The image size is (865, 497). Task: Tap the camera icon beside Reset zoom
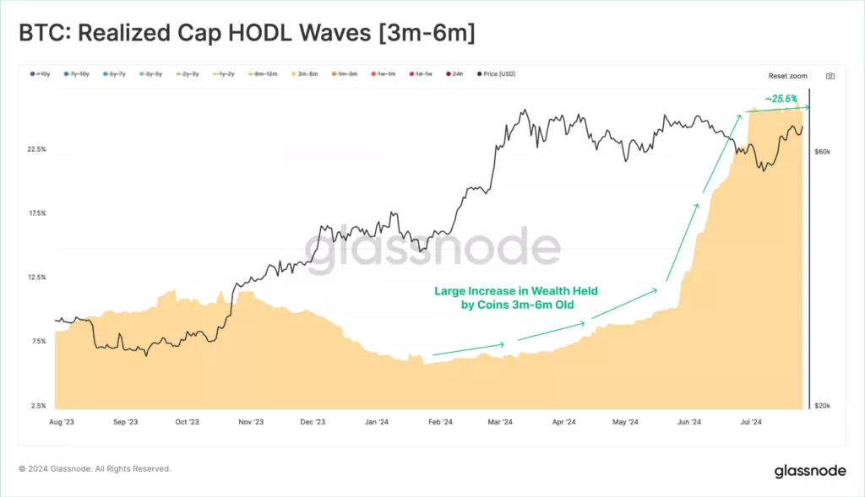830,76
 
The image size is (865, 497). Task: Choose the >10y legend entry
39,74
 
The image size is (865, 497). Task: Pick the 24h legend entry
456,74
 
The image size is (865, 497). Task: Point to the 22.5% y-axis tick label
37,149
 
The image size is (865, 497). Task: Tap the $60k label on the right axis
823,152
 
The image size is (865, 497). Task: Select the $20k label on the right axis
823,406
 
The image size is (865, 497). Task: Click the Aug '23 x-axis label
63,421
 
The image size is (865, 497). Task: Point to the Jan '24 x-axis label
377,421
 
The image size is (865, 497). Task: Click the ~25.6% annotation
781,99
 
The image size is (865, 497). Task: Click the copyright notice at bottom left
95,468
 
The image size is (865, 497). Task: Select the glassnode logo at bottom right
810,470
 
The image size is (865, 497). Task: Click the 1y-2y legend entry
225,74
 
